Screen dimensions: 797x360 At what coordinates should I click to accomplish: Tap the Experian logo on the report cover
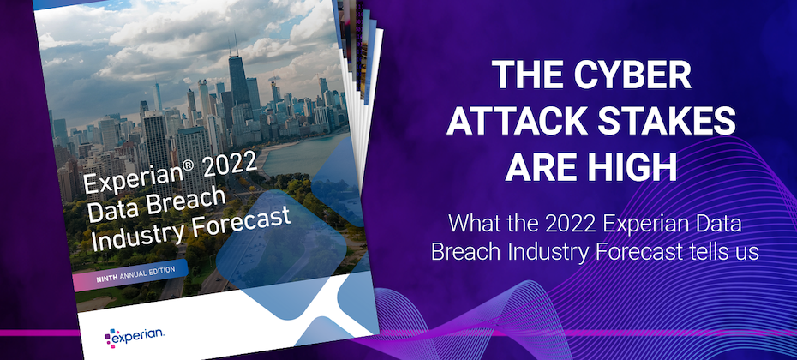[x=135, y=336]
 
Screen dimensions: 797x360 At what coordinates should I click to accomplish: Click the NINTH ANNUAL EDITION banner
[x=130, y=275]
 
